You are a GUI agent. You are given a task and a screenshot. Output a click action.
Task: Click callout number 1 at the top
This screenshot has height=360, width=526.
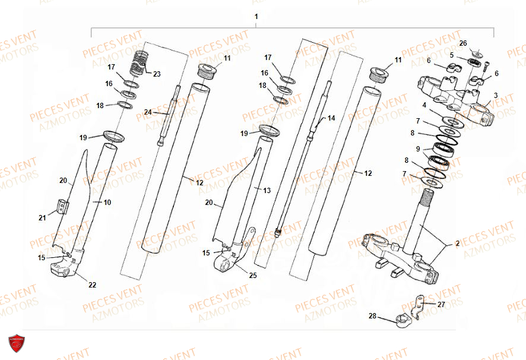click(256, 17)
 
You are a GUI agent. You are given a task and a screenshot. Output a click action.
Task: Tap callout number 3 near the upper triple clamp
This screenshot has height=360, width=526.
click(496, 95)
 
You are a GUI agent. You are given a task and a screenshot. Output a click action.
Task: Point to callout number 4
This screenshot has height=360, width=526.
click(424, 105)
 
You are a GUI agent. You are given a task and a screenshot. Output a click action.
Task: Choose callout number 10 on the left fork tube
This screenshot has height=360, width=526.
click(107, 203)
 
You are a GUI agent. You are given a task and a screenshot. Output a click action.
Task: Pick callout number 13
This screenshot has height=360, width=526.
click(267, 191)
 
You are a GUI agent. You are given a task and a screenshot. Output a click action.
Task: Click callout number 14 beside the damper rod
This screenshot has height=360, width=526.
click(331, 118)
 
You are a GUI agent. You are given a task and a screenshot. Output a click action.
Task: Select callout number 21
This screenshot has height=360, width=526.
click(42, 218)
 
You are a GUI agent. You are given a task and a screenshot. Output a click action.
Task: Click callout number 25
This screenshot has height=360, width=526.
click(254, 275)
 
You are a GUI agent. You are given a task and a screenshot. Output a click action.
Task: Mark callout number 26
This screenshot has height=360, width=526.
click(463, 43)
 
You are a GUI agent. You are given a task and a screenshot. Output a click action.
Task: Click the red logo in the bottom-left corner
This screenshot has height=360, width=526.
click(17, 344)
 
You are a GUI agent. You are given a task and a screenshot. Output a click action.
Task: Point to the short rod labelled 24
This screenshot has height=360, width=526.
click(169, 116)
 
